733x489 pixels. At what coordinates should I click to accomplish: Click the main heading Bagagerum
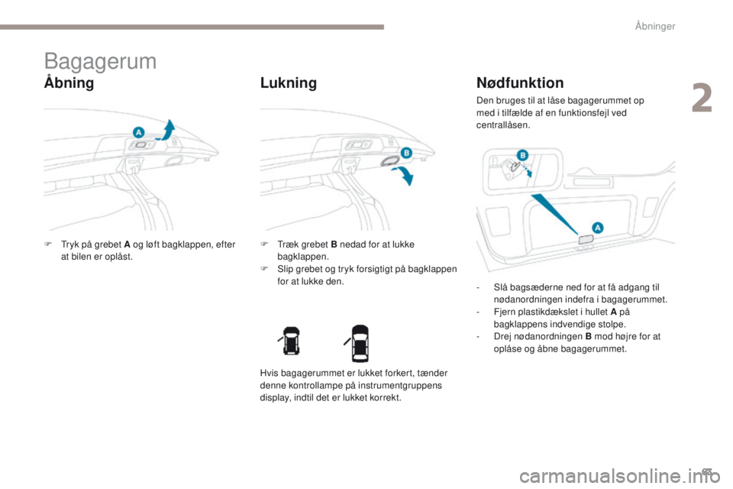pyautogui.click(x=100, y=61)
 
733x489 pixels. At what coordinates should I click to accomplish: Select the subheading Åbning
pyautogui.click(x=69, y=83)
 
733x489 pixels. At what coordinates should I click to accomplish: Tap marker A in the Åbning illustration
pyautogui.click(x=138, y=132)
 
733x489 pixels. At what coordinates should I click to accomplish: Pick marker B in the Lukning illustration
pyautogui.click(x=406, y=153)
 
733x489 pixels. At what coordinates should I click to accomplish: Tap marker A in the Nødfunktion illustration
pyautogui.click(x=597, y=227)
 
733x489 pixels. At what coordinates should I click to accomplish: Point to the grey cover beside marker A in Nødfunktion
pyautogui.click(x=585, y=240)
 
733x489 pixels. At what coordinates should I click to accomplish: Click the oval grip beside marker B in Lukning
pyautogui.click(x=388, y=160)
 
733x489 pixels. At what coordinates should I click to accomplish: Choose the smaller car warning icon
pyautogui.click(x=291, y=343)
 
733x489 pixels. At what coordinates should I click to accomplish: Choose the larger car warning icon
pyautogui.click(x=360, y=343)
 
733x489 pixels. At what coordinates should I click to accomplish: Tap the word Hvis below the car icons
pyautogui.click(x=268, y=374)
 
